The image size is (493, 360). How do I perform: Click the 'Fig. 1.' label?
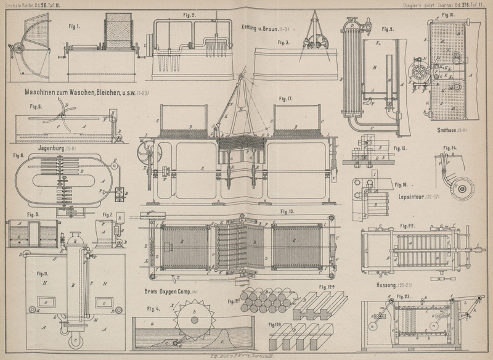(76, 27)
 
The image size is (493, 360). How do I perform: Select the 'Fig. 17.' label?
(285, 99)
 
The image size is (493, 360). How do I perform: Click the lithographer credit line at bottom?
(246, 356)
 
